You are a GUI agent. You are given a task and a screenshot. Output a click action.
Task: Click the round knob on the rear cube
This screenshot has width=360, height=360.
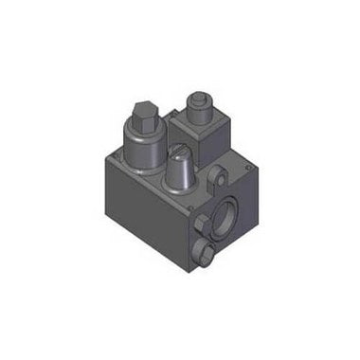coord(200,104)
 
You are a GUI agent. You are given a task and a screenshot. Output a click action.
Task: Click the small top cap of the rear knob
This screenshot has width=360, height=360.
coord(199,95)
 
